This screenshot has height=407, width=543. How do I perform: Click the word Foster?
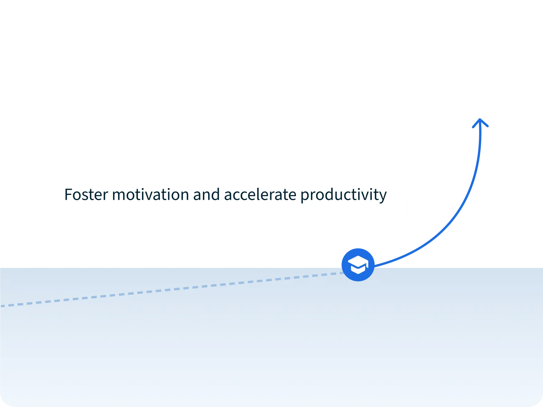[x=86, y=195]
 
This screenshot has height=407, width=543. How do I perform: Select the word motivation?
[x=150, y=195]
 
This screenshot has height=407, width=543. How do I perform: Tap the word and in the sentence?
[x=206, y=195]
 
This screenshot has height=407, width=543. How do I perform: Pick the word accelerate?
[x=260, y=195]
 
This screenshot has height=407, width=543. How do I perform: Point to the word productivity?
[x=344, y=196]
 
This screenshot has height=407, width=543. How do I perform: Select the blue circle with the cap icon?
[x=358, y=265]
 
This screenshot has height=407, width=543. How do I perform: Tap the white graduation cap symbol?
[x=358, y=265]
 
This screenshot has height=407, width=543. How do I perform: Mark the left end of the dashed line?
[x=1, y=306]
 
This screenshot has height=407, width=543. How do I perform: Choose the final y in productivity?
[x=383, y=197]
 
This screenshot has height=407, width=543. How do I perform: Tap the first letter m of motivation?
[x=118, y=196]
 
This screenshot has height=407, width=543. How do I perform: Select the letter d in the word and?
[x=216, y=195]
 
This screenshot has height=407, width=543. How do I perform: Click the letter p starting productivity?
[x=305, y=197]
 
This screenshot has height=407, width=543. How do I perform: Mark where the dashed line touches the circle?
[x=342, y=273]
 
